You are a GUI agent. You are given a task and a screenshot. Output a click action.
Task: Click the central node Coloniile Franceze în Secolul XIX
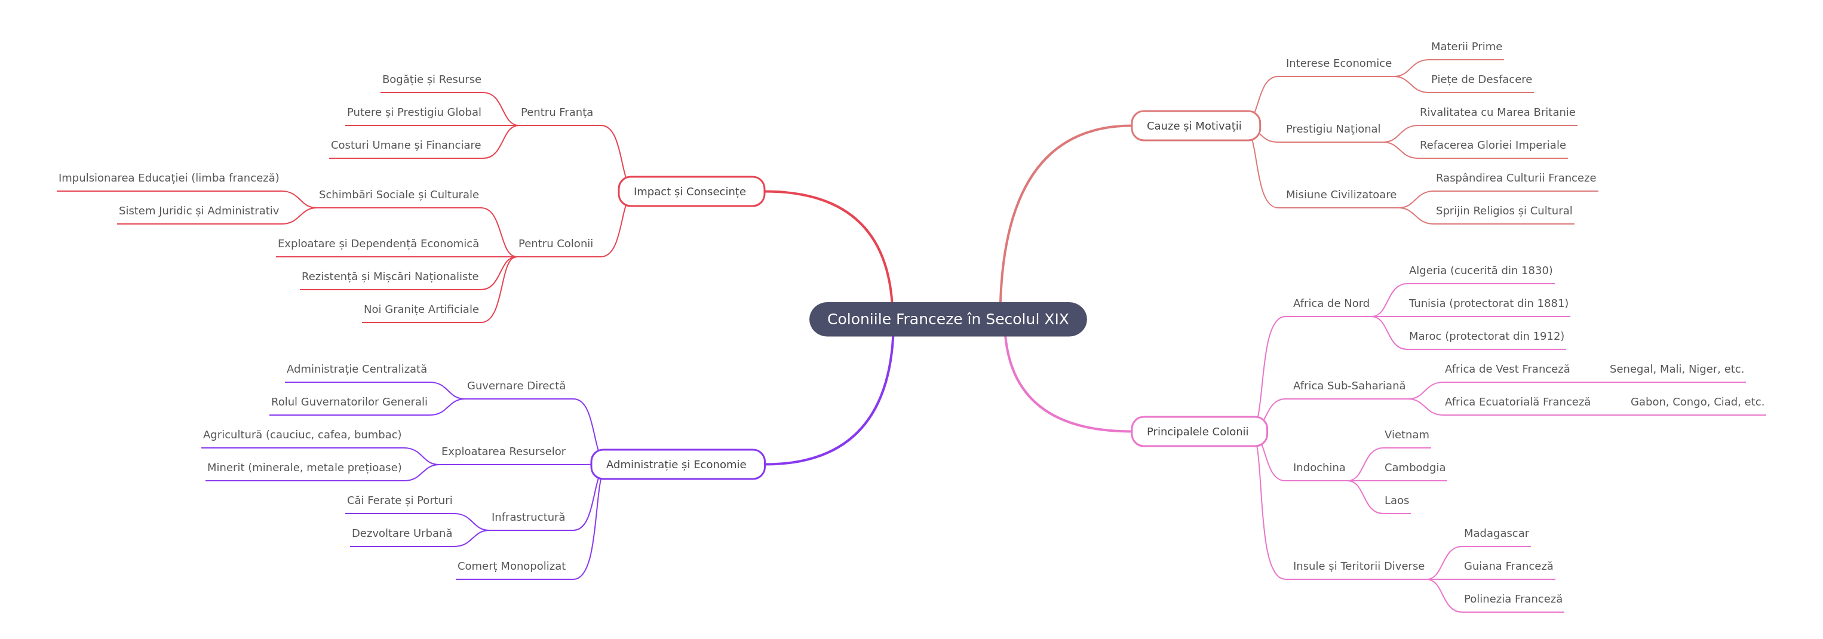click(947, 319)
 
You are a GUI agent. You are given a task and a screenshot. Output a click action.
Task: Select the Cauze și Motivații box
click(1195, 126)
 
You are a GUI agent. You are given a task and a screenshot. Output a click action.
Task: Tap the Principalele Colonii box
click(1198, 432)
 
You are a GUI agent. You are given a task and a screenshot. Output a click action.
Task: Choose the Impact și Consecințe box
click(690, 192)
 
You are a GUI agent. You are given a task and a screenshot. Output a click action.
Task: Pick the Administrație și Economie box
click(677, 464)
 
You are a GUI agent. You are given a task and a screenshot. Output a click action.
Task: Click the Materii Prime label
click(1466, 47)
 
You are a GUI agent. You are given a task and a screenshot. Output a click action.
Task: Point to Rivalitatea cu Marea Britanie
click(1497, 112)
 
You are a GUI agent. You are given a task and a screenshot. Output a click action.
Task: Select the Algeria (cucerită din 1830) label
click(1481, 271)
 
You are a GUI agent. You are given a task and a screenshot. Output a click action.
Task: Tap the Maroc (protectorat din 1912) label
click(1486, 336)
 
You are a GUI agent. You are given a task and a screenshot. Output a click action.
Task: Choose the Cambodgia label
click(1414, 468)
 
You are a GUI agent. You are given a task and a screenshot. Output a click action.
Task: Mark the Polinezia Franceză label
click(1513, 598)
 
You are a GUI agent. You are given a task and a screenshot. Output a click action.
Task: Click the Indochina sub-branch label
click(1319, 468)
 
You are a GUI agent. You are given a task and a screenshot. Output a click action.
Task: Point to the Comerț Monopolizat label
click(511, 566)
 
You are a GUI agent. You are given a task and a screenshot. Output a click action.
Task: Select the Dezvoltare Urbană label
click(401, 533)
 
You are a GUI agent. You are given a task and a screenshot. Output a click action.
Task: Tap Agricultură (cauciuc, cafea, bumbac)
click(302, 435)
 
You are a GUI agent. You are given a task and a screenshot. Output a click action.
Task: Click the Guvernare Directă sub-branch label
click(516, 386)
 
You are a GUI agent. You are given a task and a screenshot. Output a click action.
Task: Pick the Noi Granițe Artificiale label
click(421, 309)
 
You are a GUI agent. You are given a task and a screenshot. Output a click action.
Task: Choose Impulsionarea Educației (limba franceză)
click(168, 177)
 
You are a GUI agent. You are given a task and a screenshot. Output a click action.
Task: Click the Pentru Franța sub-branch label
click(557, 112)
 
